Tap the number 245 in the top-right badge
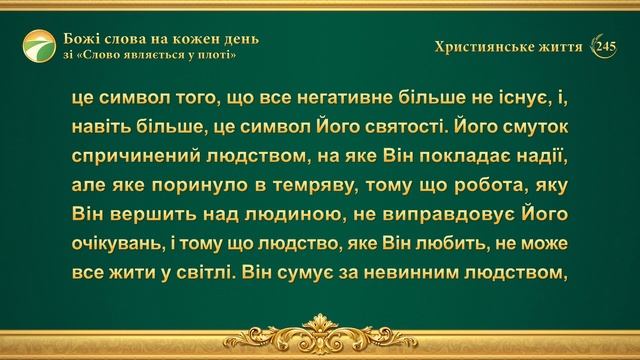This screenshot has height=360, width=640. point(607,46)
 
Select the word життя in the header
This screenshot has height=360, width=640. point(560,46)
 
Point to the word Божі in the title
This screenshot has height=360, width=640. point(87,39)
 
